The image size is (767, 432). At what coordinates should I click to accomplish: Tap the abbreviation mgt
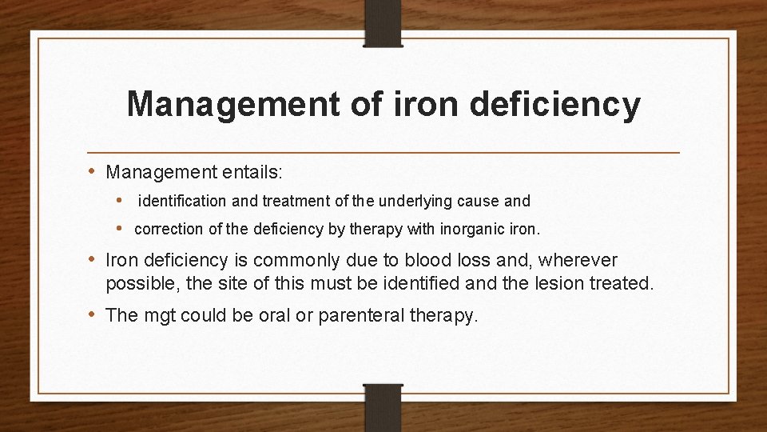point(160,315)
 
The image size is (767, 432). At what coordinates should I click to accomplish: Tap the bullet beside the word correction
point(118,229)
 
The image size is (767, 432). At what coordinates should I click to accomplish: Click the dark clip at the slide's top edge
point(383,22)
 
